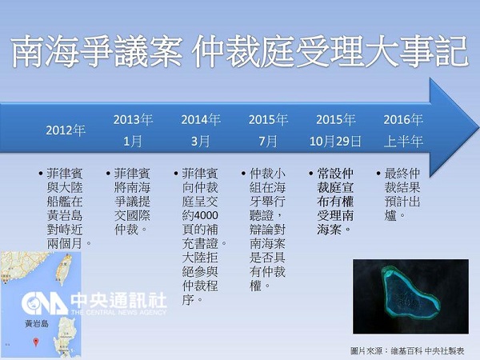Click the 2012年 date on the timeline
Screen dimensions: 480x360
pos(66,130)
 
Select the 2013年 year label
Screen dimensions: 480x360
pos(133,119)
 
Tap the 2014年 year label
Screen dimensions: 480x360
pos(201,119)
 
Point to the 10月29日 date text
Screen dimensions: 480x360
pos(335,142)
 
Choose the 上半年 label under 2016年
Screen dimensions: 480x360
pos(403,142)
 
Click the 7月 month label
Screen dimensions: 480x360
pos(268,142)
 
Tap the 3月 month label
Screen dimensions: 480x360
pos(201,142)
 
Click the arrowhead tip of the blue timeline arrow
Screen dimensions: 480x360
pos(478,127)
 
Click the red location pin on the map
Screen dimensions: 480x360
pos(36,342)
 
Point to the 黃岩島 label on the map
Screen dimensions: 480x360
pos(37,323)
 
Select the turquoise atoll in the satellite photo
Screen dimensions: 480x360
pos(410,294)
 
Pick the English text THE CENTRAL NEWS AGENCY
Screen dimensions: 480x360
pos(118,312)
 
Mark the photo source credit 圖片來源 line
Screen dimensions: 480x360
pos(407,350)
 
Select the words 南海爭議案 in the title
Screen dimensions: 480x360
pos(97,51)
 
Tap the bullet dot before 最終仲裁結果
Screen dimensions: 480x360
pos(378,174)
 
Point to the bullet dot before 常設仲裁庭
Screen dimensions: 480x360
pos(311,174)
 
